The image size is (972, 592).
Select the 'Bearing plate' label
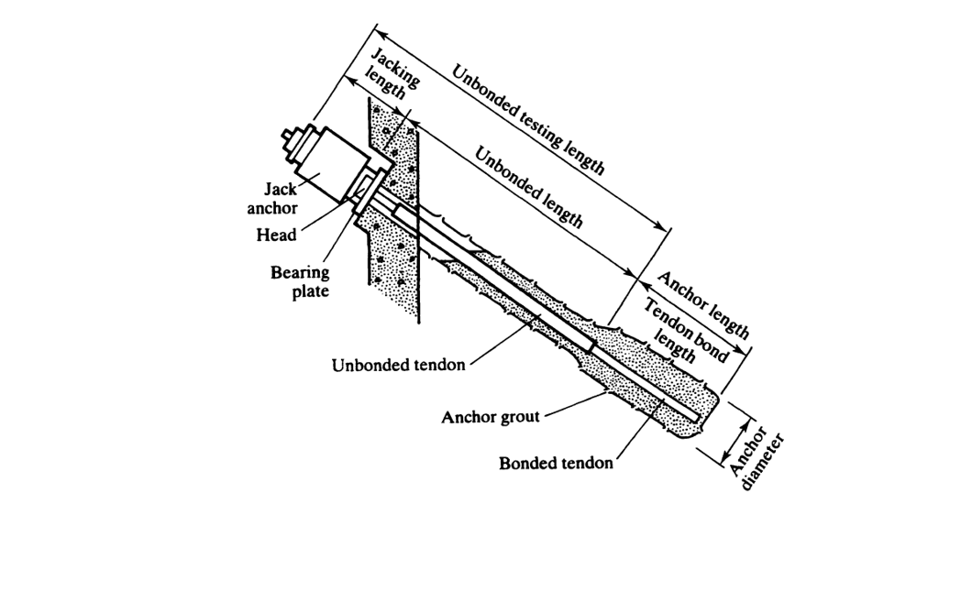pos(300,281)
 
